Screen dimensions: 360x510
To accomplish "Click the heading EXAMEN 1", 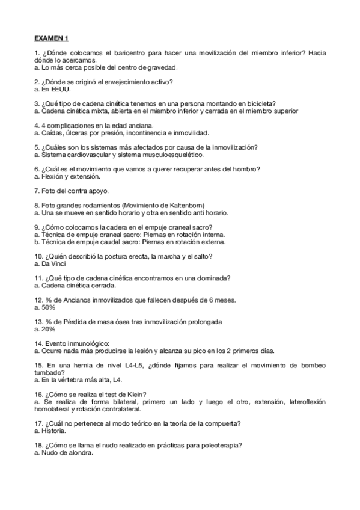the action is [52, 37].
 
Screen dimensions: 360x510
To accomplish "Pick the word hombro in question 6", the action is [246, 169].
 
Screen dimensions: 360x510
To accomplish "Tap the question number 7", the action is [37, 191].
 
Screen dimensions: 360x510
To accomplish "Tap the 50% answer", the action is [48, 307].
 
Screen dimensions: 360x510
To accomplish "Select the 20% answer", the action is [48, 329].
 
